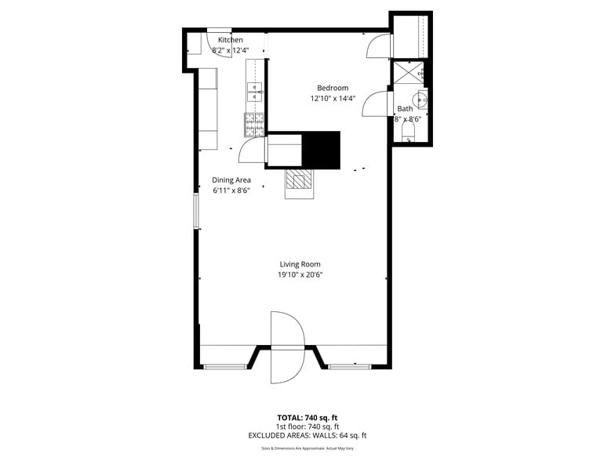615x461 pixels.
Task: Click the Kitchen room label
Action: click(230, 40)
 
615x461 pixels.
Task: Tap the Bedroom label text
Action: click(332, 88)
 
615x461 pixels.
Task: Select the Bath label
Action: click(405, 109)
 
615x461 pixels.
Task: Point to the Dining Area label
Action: click(231, 180)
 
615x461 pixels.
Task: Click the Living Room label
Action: click(300, 264)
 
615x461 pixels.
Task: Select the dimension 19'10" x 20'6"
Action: click(300, 275)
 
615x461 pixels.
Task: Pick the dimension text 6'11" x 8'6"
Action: click(231, 191)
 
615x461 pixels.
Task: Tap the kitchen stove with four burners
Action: click(255, 122)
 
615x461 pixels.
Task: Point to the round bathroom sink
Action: click(421, 100)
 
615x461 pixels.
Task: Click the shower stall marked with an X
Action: click(408, 73)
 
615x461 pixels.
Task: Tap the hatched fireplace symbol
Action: click(298, 181)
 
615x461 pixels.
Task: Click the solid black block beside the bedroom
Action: click(322, 149)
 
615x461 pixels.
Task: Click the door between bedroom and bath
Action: click(377, 103)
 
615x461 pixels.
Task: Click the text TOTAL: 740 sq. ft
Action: click(307, 417)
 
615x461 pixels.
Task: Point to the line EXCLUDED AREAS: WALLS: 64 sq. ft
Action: click(307, 435)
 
